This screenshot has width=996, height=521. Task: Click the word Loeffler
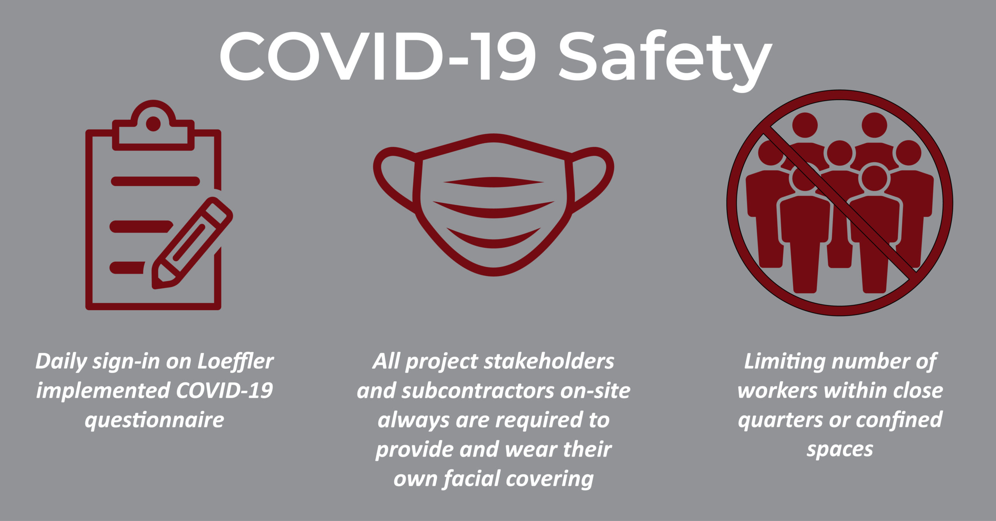pyautogui.click(x=235, y=361)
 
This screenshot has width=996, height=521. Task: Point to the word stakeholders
pyautogui.click(x=549, y=361)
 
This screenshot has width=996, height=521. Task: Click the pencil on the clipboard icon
pyautogui.click(x=192, y=243)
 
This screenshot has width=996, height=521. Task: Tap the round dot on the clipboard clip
pyautogui.click(x=153, y=124)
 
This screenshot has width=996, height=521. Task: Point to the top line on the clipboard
pyautogui.click(x=156, y=181)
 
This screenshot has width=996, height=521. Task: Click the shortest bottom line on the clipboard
pyautogui.click(x=127, y=267)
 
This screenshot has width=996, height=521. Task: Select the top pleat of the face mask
pyautogui.click(x=494, y=182)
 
